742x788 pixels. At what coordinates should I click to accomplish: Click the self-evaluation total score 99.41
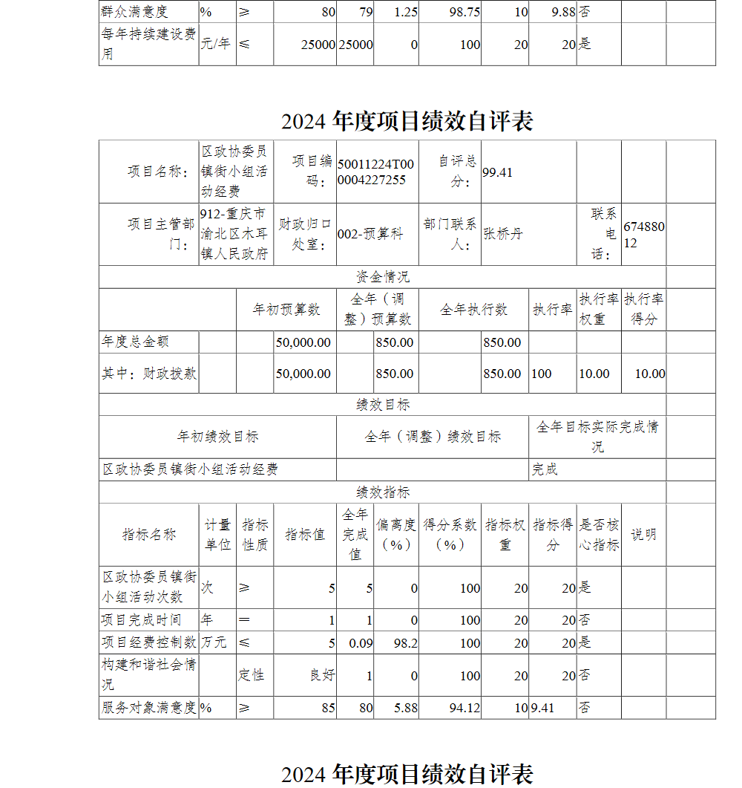pos(497,172)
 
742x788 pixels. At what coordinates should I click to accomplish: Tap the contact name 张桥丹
pos(503,234)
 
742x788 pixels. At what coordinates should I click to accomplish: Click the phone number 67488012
pos(643,234)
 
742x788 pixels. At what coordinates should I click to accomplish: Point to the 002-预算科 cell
pos(370,234)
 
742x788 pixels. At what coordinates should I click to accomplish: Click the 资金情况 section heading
pos(382,277)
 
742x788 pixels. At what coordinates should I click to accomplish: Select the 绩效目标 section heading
pos(382,405)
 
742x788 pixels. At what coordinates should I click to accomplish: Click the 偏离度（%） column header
pos(395,535)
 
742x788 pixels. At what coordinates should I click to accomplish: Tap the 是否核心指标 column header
pos(598,535)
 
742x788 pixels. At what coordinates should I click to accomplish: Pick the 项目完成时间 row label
pos(141,620)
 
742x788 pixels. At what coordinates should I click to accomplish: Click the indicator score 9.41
pos(542,709)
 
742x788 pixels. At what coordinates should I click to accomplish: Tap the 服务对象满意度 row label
pos(148,709)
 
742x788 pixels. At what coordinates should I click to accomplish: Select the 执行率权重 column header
pos(598,309)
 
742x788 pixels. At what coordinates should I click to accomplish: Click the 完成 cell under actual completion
pos(545,470)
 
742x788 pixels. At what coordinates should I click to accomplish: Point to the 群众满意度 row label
pos(134,12)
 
